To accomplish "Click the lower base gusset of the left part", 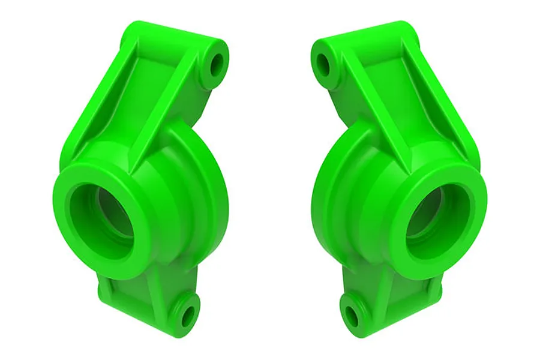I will (x=150, y=288).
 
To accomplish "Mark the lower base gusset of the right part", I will (x=390, y=288).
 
